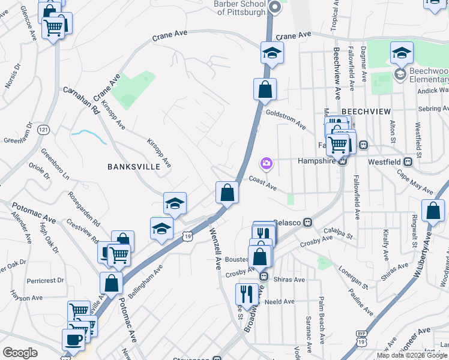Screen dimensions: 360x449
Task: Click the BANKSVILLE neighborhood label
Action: pos(134,166)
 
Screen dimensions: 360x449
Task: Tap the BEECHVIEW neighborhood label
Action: pos(366,112)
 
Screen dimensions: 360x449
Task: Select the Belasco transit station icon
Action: pos(307,222)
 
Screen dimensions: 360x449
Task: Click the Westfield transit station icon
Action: pos(408,161)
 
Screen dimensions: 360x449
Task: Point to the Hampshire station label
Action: pos(316,161)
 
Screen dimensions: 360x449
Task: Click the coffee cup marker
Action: pos(73,338)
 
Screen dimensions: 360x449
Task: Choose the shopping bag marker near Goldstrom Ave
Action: pos(265,91)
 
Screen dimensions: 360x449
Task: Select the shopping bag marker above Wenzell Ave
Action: pos(227,193)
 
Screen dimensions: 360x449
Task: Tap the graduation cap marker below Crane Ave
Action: pos(272,53)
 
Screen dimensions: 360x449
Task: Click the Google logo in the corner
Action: pos(20,353)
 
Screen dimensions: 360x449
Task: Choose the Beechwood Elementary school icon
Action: pos(399,73)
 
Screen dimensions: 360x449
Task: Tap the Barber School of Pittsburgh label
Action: pos(240,8)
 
